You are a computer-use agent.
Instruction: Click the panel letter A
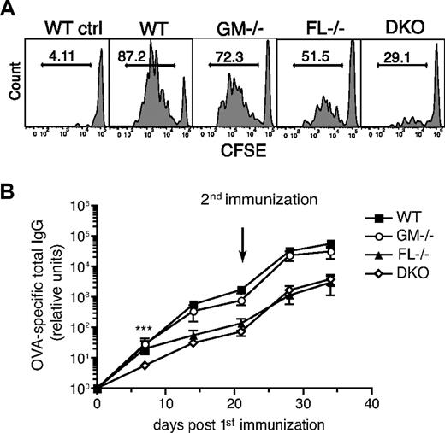(9, 9)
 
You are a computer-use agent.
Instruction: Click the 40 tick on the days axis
(370, 401)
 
